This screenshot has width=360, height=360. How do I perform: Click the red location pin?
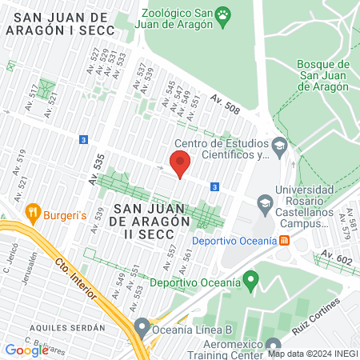[x=180, y=164]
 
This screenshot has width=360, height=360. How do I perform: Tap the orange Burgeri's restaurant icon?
[x=33, y=213]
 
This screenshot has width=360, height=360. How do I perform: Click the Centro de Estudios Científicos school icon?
[x=279, y=145]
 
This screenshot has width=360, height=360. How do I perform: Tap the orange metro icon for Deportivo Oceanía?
[x=284, y=240]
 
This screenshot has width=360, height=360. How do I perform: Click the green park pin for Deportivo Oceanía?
[x=251, y=282]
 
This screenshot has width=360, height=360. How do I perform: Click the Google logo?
[x=26, y=350]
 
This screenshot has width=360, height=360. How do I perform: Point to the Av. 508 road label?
[x=226, y=102]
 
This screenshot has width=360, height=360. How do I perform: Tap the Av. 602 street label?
[x=336, y=257]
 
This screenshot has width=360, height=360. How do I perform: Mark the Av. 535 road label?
[x=98, y=171]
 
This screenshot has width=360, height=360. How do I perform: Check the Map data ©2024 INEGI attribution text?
[x=312, y=354]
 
